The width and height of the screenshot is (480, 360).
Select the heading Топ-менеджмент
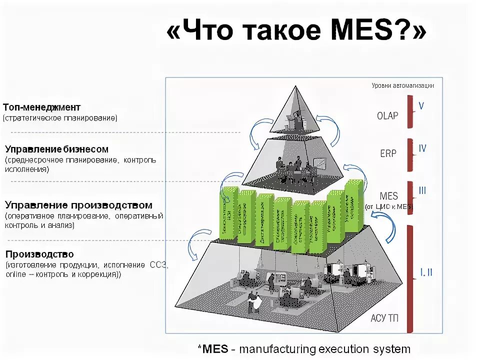41,107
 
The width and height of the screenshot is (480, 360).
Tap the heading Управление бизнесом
56,149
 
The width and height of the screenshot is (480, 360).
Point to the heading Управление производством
78,205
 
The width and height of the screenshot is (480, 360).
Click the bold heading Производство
39,254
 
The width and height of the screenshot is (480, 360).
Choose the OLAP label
387,116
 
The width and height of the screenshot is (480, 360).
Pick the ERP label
388,153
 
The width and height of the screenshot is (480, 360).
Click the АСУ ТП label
385,317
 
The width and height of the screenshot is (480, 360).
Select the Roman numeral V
421,106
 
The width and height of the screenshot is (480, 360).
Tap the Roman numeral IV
422,148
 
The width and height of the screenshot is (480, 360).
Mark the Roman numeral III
422,190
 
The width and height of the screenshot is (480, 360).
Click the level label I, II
426,272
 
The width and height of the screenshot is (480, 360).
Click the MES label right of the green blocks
388,195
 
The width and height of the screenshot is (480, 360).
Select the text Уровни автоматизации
402,85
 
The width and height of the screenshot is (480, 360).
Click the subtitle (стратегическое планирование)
60,118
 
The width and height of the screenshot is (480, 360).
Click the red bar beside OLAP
410,111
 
